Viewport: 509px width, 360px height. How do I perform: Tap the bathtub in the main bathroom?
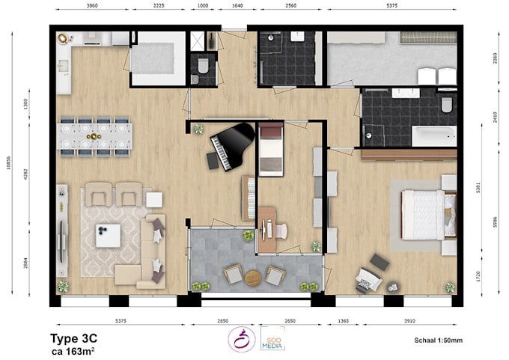point(433,135)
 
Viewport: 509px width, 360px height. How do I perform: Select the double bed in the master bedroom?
point(427,214)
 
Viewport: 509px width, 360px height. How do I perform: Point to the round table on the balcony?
point(254,278)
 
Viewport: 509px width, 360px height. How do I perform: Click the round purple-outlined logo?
point(242,338)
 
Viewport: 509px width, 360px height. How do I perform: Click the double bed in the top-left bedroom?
point(156,56)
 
